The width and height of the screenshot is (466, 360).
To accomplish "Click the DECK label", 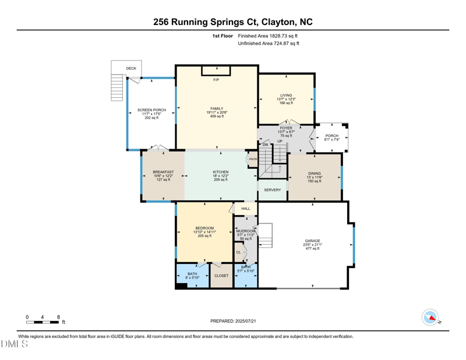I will click(131, 69).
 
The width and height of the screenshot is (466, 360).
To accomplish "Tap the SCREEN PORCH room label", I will click(151, 110).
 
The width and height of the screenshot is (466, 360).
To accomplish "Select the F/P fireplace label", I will click(216, 80).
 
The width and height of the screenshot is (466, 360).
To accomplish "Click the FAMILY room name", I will click(217, 108).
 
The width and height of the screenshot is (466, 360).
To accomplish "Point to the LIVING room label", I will click(286, 96).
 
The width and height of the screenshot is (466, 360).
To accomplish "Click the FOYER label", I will click(286, 128).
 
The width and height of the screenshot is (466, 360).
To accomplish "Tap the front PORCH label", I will click(331, 136).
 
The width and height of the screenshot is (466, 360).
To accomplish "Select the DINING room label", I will click(315, 174).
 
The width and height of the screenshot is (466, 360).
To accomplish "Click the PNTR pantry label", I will click(253, 160).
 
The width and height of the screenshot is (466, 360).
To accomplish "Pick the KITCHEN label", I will click(221, 172).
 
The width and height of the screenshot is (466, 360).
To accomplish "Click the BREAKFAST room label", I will click(163, 172).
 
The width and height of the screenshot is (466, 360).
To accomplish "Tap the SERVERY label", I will click(273, 190).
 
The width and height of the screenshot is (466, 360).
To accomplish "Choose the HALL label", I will click(246, 209).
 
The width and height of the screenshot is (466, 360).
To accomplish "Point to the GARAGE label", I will click(313, 241).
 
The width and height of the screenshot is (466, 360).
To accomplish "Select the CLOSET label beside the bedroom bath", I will click(221, 276).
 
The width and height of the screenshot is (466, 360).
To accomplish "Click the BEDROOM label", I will click(204, 228).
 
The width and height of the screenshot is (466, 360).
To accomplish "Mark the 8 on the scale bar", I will click(58, 317).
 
